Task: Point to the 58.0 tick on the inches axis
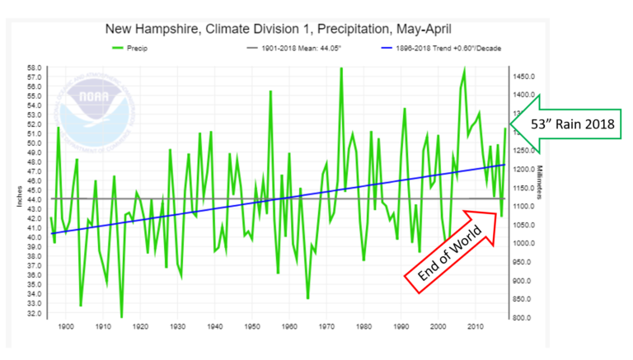tap(34, 68)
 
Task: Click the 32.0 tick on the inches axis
tap(34, 314)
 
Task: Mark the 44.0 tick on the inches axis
tap(34, 200)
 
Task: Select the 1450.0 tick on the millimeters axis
tap(524, 76)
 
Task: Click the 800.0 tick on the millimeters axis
tap(524, 318)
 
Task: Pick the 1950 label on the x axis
tap(251, 328)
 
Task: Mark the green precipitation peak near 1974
tap(341, 68)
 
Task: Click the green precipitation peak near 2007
tap(465, 69)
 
